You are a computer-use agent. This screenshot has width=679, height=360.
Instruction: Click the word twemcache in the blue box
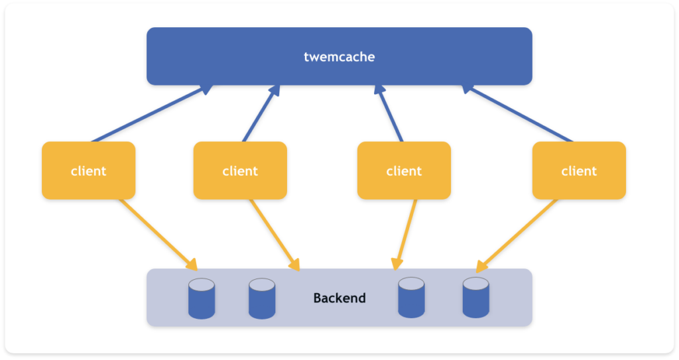click(339, 57)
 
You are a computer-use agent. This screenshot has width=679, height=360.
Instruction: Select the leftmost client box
click(89, 170)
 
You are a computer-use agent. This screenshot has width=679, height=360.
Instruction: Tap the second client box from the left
click(240, 170)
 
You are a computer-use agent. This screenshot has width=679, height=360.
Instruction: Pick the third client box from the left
click(404, 170)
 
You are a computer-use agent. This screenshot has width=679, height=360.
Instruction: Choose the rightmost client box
click(579, 170)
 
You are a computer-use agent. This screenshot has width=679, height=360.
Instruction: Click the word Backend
click(339, 298)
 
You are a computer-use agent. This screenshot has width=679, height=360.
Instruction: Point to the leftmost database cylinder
click(202, 298)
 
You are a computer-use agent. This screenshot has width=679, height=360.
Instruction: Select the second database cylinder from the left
click(262, 298)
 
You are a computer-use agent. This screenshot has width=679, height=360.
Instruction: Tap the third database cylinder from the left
click(411, 298)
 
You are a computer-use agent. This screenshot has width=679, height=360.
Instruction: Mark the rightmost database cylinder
click(476, 298)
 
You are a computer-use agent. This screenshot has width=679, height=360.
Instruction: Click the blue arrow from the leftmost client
click(152, 113)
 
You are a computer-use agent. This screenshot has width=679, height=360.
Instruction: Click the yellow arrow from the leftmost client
click(158, 235)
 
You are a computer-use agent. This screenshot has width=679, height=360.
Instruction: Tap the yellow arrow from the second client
click(275, 235)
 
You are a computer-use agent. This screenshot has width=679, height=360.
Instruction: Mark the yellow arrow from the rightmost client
click(517, 235)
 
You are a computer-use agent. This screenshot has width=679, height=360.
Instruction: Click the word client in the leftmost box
click(89, 171)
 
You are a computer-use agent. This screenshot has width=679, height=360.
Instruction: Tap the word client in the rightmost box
click(579, 171)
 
